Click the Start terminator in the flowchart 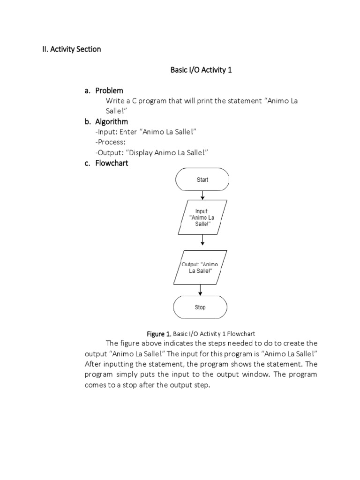(202, 180)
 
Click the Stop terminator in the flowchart (200, 307)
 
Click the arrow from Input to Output (202, 240)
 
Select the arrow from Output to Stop (201, 290)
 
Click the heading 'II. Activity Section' (69, 49)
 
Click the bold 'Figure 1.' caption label (159, 334)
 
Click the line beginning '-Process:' (110, 142)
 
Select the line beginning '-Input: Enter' (145, 132)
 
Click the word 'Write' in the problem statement (115, 101)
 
